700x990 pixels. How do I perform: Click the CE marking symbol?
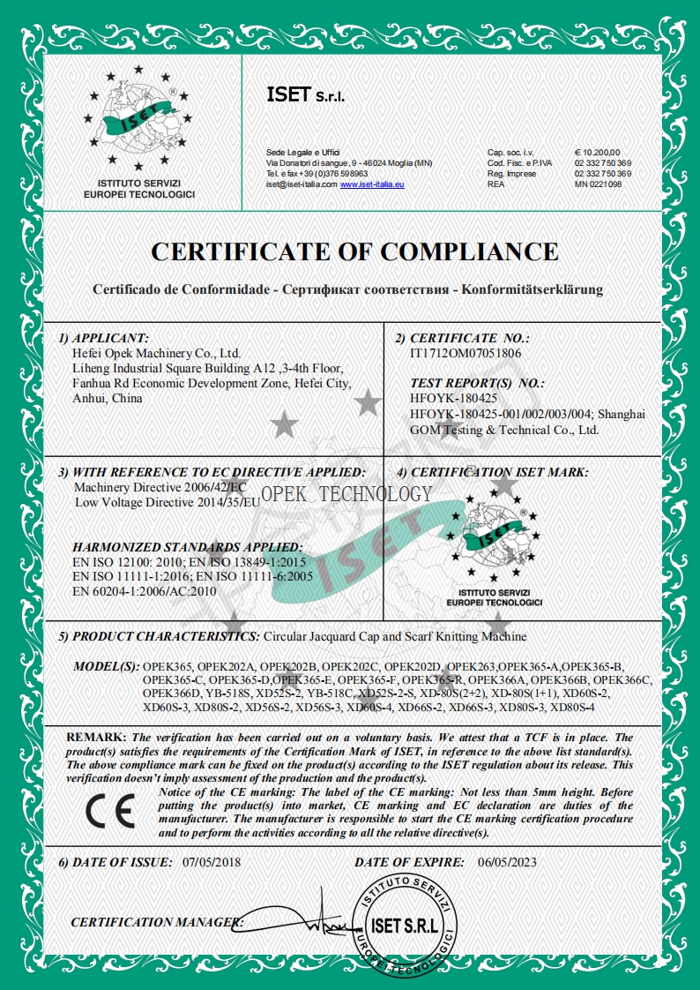pyautogui.click(x=109, y=811)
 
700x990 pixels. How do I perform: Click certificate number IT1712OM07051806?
pyautogui.click(x=465, y=353)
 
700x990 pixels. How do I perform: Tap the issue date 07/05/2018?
pyautogui.click(x=211, y=861)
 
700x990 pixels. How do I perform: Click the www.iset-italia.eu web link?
pyautogui.click(x=371, y=184)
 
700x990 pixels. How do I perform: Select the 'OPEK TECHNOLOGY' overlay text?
pyautogui.click(x=346, y=494)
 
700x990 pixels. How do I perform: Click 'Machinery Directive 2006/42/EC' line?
pyautogui.click(x=160, y=488)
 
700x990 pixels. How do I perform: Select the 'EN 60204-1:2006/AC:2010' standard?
pyautogui.click(x=144, y=592)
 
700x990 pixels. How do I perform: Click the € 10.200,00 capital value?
pyautogui.click(x=598, y=154)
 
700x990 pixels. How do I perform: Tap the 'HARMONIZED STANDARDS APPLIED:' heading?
pyautogui.click(x=187, y=547)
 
